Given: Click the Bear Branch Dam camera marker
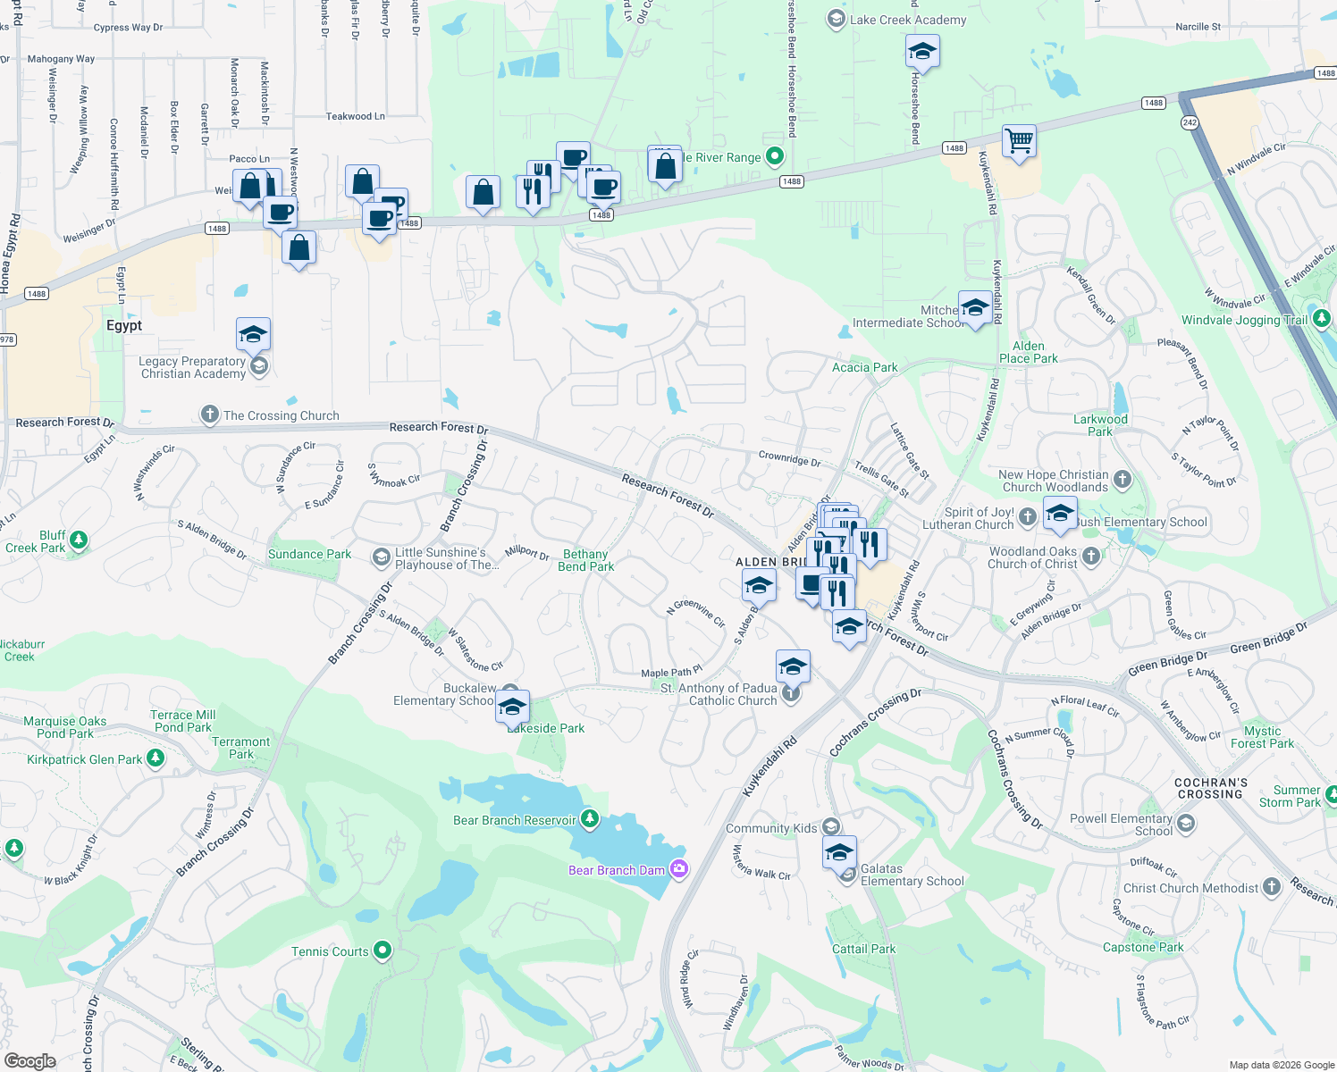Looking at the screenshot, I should click(679, 869).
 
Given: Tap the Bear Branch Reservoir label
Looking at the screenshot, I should click(515, 820).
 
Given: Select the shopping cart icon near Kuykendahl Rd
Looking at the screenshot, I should click(1019, 141).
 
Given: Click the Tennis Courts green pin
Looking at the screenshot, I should click(383, 951).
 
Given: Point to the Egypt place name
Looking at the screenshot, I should click(124, 326).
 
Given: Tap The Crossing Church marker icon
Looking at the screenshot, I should click(209, 415).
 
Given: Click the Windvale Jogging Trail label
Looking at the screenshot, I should click(1244, 320).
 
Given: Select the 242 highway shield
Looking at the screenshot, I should click(1190, 122).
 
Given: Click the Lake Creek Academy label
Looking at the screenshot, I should click(908, 20).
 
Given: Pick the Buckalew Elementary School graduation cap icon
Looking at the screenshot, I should click(512, 707).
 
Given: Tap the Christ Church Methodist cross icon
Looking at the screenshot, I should click(1272, 887).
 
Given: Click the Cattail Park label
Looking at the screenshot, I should click(863, 949).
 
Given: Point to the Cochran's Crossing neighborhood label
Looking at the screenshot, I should click(1210, 788).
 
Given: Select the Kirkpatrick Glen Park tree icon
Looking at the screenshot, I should click(156, 758).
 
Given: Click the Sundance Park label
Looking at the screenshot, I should click(310, 555).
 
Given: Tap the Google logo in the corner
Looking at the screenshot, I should click(29, 1060).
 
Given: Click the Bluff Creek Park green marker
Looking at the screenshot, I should click(79, 540).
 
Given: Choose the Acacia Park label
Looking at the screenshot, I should click(864, 367).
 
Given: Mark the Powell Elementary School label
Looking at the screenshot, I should click(1121, 825).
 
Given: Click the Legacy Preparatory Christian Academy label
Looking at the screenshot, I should click(193, 367).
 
